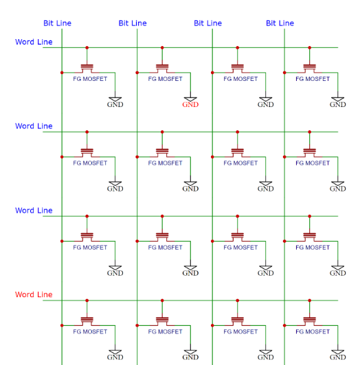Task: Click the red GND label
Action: (190, 104)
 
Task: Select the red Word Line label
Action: (34, 294)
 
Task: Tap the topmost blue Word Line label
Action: (34, 42)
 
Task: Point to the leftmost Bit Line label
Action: (57, 23)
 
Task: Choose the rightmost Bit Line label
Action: (280, 23)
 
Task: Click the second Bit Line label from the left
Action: (133, 23)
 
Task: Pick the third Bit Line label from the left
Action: (207, 23)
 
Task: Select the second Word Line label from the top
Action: (34, 126)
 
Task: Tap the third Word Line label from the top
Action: (34, 211)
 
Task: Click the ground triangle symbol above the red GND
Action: (190, 99)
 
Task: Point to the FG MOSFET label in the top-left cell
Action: (90, 79)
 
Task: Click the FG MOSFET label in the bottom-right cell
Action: (313, 331)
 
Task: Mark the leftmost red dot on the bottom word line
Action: (87, 301)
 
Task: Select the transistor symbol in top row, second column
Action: (162, 69)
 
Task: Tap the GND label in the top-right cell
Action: (337, 104)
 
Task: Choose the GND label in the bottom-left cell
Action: (115, 357)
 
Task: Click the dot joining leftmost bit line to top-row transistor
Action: (62, 73)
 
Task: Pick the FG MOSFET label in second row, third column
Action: (240, 163)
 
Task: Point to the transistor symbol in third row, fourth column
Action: (310, 237)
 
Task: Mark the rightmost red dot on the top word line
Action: (310, 48)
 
